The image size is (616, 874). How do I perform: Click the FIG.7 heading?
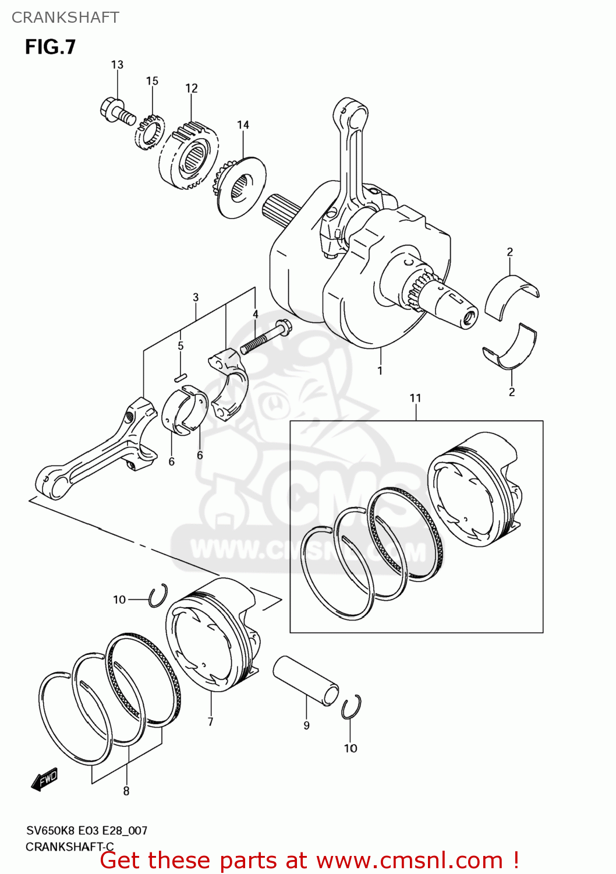(50, 47)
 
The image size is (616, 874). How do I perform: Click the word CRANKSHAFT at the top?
(65, 17)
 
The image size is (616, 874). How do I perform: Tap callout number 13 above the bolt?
(117, 65)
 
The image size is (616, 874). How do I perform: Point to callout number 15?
(152, 81)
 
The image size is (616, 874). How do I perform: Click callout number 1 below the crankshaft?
(380, 371)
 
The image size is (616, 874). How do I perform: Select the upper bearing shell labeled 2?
(511, 295)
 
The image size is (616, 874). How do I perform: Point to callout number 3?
(196, 297)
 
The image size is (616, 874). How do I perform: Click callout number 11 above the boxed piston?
(415, 398)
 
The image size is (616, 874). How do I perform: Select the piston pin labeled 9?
(306, 680)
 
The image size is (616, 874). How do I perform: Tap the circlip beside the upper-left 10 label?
(158, 596)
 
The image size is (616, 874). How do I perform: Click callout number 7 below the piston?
(210, 722)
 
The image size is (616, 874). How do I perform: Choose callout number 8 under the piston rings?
(126, 791)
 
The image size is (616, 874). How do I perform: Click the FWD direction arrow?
(45, 778)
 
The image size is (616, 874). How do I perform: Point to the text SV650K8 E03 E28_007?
(87, 830)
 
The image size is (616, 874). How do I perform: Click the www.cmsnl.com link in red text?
(409, 860)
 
